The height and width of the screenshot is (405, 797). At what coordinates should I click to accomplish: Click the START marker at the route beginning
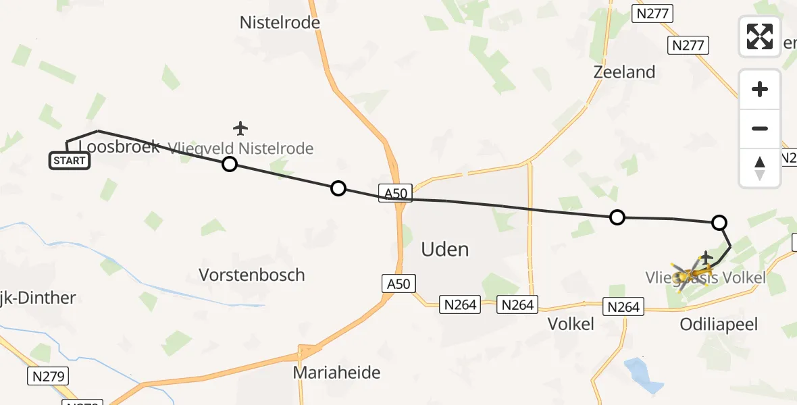coord(69,161)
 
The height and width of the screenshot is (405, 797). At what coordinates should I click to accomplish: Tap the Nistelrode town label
coord(280,23)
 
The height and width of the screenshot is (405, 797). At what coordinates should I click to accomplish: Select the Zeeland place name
coord(624,72)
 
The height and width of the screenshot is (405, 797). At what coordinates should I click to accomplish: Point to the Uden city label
coord(444,250)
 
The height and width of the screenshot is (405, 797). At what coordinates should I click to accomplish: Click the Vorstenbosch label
coord(252,275)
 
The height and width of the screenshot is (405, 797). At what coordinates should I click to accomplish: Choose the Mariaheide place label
coord(336,372)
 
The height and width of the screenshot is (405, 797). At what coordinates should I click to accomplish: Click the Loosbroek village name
coord(120,146)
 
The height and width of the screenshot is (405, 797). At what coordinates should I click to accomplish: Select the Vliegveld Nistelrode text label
coord(241,148)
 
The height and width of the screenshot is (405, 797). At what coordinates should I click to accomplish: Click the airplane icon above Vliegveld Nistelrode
coord(240,128)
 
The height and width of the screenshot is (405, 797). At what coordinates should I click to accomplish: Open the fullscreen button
coord(760,36)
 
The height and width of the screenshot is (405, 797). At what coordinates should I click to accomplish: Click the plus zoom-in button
coord(760,89)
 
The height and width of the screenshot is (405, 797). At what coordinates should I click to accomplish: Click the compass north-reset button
coord(760,168)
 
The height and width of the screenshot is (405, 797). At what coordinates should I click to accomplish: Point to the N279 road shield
coord(49,376)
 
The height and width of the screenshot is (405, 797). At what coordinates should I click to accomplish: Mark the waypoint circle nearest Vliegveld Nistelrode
coord(230,164)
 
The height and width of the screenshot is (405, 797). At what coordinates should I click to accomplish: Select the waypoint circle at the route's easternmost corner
coord(719,222)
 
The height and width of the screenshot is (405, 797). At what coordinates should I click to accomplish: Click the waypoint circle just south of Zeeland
coord(617,217)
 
